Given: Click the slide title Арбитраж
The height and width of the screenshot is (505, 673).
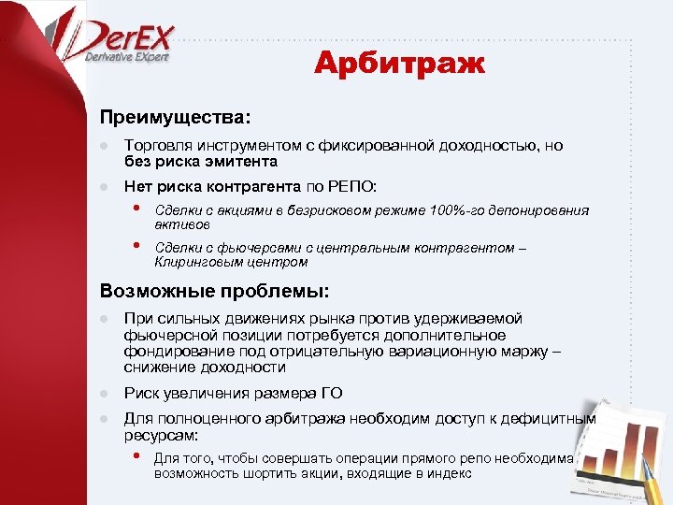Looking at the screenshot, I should pyautogui.click(x=399, y=65).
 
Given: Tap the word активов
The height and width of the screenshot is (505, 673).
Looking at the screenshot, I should pyautogui.click(x=182, y=224).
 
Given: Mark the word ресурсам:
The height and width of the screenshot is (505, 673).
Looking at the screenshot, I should pyautogui.click(x=160, y=435).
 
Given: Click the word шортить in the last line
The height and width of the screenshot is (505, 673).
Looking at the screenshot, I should pyautogui.click(x=266, y=473).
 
